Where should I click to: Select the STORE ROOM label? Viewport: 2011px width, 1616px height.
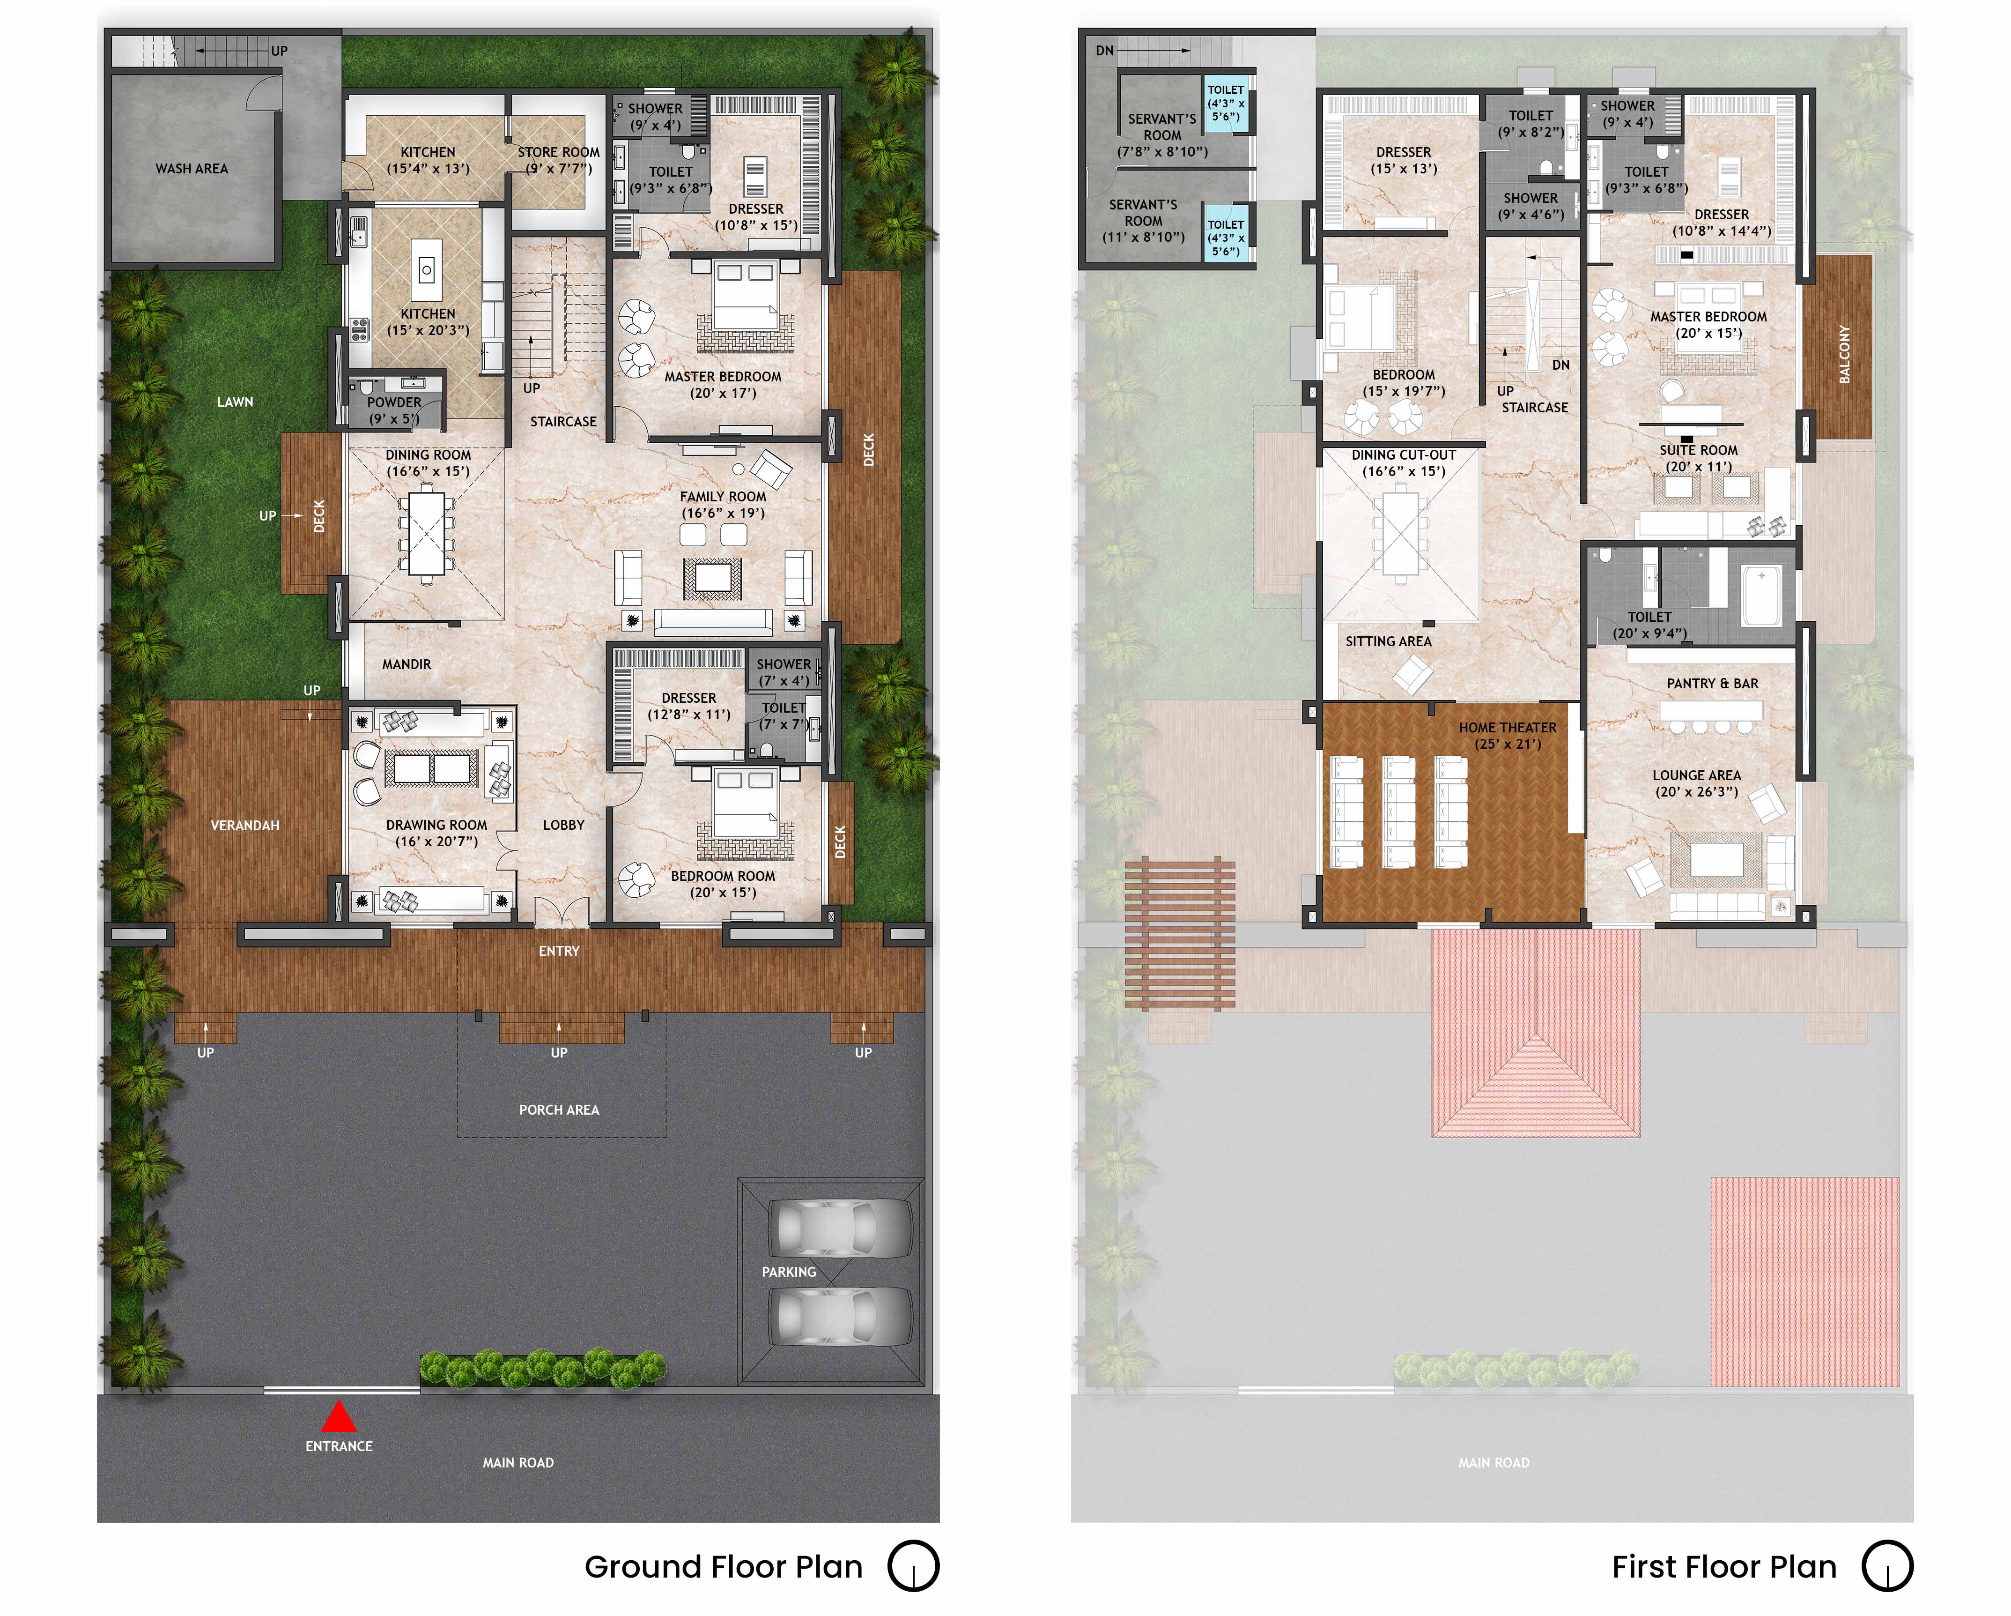pyautogui.click(x=559, y=152)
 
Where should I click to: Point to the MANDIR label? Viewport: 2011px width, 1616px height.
pyautogui.click(x=407, y=664)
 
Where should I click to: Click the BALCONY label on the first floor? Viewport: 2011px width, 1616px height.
pyautogui.click(x=1844, y=355)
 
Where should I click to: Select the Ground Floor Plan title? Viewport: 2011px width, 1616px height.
pyautogui.click(x=724, y=1566)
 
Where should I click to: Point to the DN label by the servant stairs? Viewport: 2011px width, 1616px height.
pyautogui.click(x=1104, y=51)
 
